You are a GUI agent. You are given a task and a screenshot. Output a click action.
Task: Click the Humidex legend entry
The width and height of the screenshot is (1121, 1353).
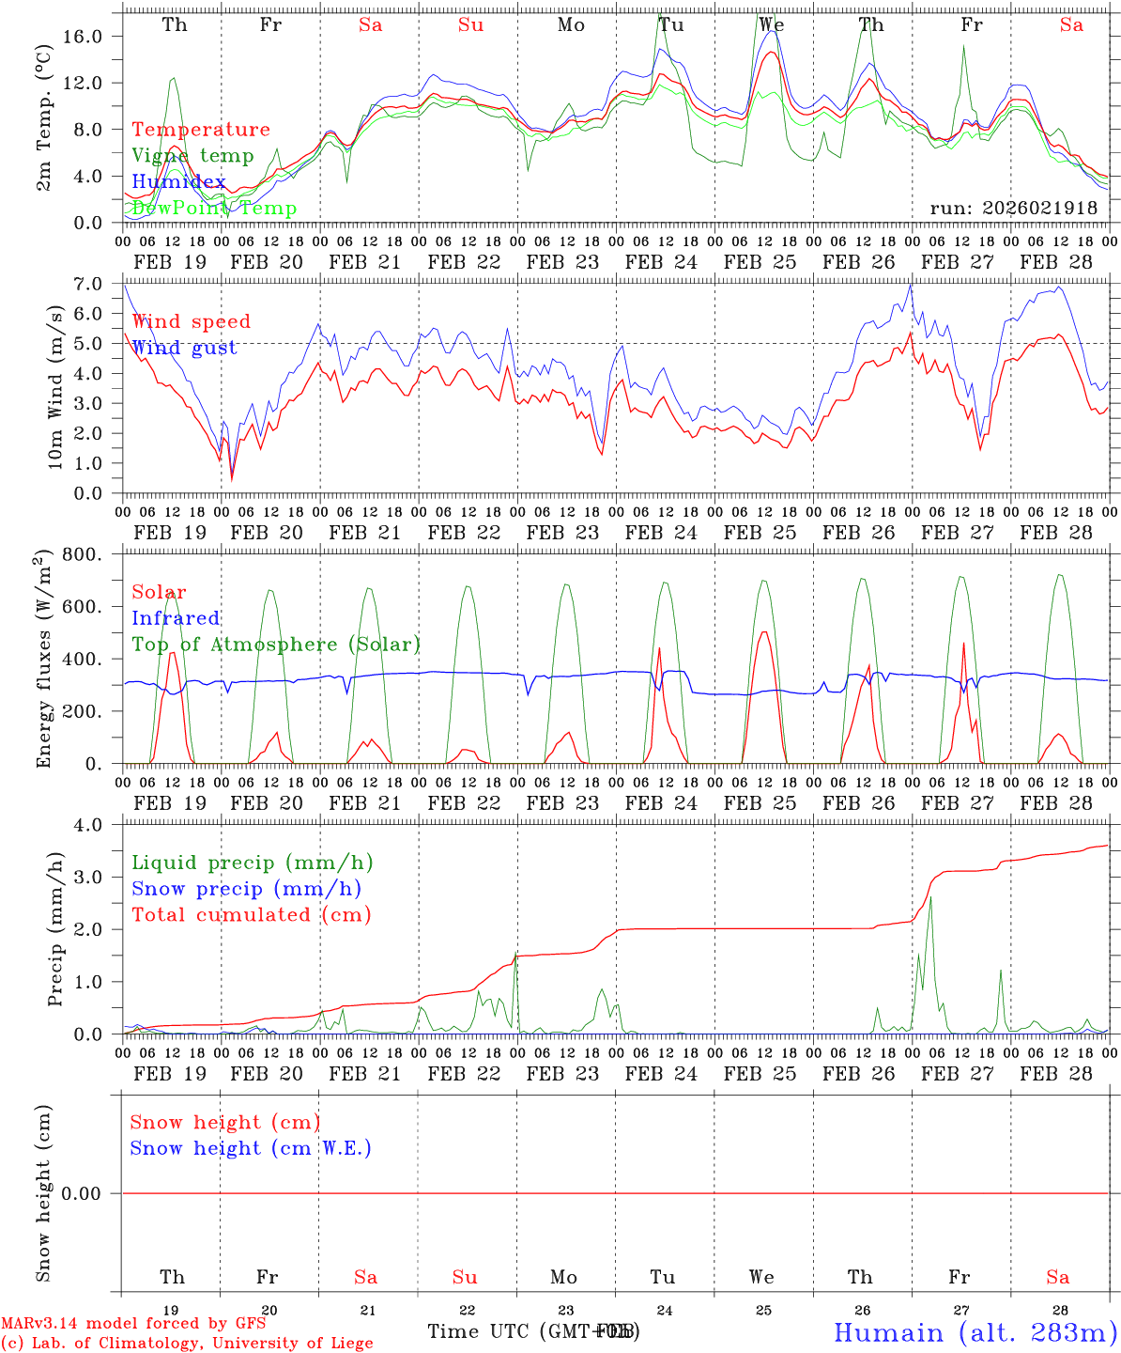pos(178,182)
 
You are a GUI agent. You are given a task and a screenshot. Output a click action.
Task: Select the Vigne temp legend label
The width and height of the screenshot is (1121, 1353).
pos(192,156)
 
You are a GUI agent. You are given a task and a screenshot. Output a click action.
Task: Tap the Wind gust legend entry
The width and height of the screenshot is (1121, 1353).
pos(184,348)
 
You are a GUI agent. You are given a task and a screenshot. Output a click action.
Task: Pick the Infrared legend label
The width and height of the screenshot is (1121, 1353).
pos(176,618)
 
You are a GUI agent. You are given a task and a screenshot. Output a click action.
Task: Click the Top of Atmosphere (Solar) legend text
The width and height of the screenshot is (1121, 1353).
pos(276,645)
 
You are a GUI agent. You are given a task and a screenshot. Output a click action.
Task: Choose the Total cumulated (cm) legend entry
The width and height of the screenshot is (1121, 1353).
pos(252,914)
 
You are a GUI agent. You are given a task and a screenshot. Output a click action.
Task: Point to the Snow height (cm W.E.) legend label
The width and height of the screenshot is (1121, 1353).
pos(251,1148)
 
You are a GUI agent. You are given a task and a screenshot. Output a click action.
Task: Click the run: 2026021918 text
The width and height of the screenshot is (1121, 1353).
pos(1013,208)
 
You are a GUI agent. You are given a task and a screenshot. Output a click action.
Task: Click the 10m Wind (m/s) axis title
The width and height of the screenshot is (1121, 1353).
pos(55,387)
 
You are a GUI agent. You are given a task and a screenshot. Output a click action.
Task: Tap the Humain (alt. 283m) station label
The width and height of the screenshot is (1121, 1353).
pos(975,1332)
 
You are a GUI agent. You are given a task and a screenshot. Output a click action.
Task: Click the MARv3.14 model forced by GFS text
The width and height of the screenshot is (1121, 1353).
pos(133,1324)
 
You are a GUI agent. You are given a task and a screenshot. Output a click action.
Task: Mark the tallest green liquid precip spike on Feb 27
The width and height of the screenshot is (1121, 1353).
pos(930,898)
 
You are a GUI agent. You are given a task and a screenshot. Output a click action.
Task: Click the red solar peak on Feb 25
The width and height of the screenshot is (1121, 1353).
pos(764,632)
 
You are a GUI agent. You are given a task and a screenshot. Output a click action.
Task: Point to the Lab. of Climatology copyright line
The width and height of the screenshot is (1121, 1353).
pos(187,1344)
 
